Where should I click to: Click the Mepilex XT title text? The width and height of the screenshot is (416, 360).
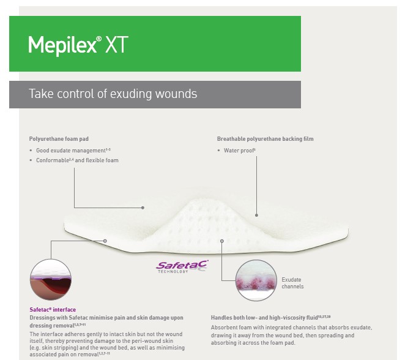click(x=78, y=45)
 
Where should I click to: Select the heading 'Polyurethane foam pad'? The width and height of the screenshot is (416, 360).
click(x=59, y=139)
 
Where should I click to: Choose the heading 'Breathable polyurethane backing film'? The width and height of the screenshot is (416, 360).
click(x=265, y=139)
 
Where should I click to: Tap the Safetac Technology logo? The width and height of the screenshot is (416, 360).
click(x=182, y=267)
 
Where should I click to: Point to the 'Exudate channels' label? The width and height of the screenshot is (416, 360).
click(x=292, y=283)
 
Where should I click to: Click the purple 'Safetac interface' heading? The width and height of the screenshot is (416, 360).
click(x=53, y=310)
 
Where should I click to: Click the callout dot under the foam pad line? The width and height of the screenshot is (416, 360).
click(x=143, y=208)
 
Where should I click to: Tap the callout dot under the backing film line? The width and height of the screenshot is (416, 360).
click(x=257, y=215)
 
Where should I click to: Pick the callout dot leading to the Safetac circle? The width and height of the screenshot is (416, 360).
click(x=105, y=241)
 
